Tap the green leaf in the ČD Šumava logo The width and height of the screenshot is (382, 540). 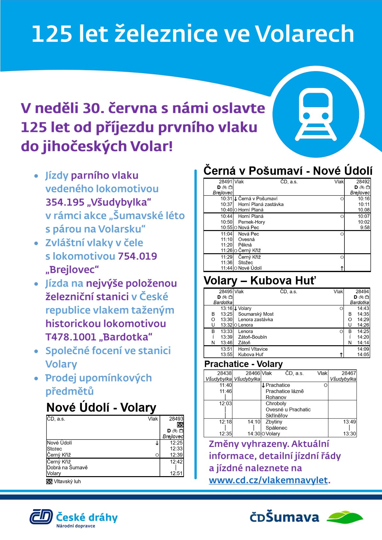point(345,517)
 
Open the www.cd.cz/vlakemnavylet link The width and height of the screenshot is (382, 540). point(268,480)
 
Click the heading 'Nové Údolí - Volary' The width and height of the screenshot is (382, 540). point(101,407)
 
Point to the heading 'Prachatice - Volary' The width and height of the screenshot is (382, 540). point(243,364)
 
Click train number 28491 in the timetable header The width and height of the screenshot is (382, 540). point(225,182)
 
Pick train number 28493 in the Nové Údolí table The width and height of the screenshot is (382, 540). point(176,419)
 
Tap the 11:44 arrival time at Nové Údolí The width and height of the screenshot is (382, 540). point(226,268)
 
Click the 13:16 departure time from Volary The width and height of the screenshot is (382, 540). point(226,308)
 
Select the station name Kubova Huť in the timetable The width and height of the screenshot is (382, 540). point(250,355)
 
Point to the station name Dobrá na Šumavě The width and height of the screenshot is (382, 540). point(67,467)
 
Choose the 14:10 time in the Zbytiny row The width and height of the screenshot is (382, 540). point(254,422)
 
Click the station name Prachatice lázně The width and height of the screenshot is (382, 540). point(284,391)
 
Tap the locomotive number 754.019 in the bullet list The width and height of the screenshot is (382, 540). point(137,256)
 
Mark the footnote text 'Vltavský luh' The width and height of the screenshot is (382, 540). point(67,481)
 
